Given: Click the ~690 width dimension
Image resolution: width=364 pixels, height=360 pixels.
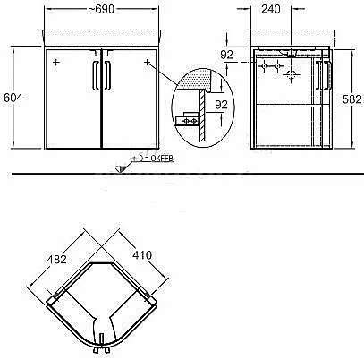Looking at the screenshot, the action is pyautogui.click(x=101, y=9).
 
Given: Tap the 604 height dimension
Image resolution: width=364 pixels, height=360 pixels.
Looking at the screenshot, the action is pyautogui.click(x=13, y=98).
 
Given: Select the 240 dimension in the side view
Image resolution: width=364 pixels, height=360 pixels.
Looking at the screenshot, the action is pyautogui.click(x=271, y=9).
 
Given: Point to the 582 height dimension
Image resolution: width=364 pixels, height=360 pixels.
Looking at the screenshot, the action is pyautogui.click(x=352, y=99).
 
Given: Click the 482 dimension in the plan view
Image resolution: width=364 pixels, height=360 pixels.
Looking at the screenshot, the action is pyautogui.click(x=56, y=259).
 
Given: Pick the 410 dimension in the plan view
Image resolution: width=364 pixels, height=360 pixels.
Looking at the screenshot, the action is pyautogui.click(x=142, y=255).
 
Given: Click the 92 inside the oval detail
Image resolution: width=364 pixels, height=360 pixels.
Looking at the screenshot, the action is pyautogui.click(x=221, y=105).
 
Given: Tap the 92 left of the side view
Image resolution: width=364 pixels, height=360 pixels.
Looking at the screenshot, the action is pyautogui.click(x=226, y=55).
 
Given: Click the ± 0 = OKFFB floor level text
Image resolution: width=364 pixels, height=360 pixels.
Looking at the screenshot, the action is pyautogui.click(x=153, y=159).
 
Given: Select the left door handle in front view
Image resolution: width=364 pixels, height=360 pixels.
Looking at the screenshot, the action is pyautogui.click(x=96, y=75).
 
